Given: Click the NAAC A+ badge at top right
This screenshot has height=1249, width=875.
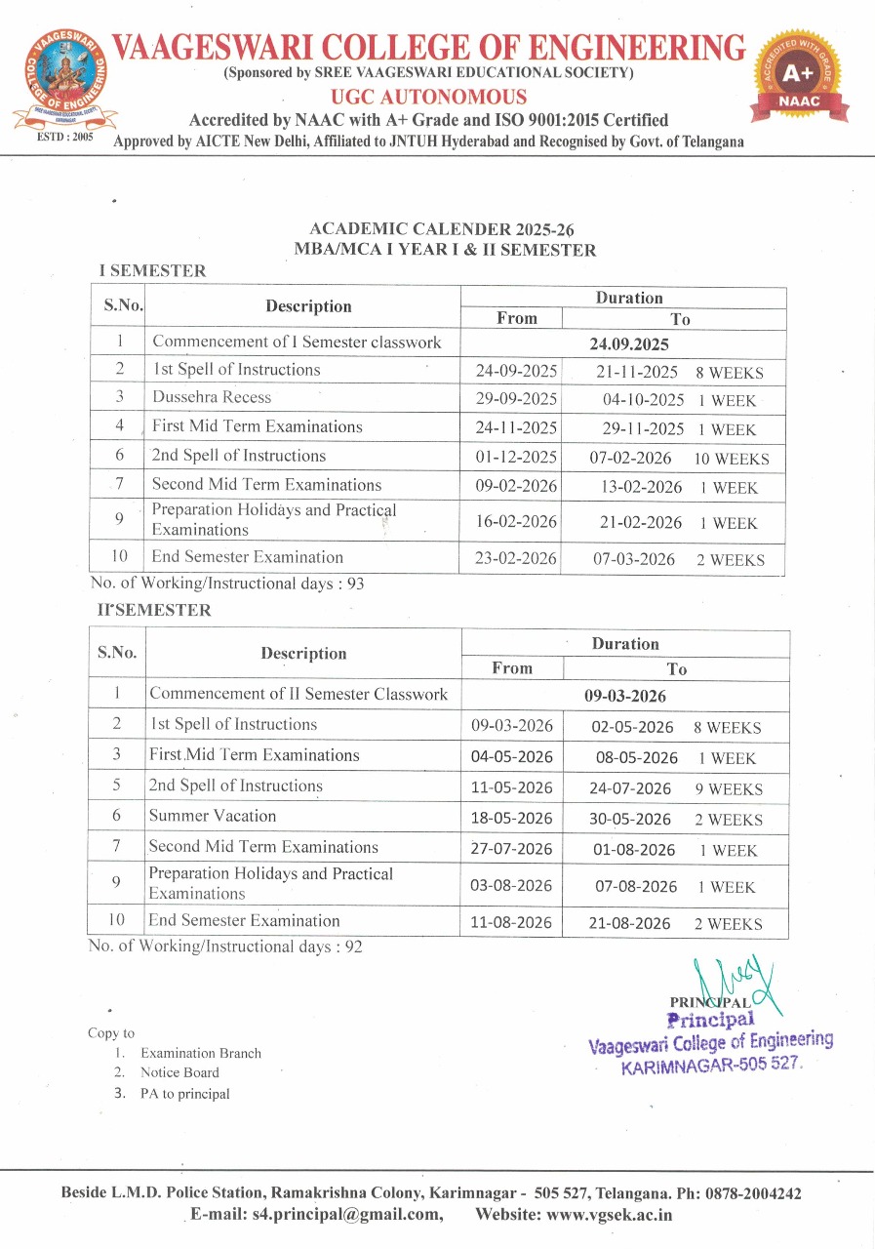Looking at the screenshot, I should pos(800,78).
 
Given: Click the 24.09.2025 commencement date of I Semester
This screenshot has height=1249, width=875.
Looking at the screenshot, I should pos(628,344).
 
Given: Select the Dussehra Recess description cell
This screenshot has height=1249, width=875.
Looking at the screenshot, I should pos(212,397).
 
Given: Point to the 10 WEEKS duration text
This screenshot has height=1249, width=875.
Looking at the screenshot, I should pos(732,459).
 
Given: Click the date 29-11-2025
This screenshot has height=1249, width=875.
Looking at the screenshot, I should pos(640,429).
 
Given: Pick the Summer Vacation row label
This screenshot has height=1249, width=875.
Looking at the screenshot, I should pos(213,816).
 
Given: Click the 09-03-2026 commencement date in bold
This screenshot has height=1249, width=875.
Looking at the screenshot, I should pos(624,697).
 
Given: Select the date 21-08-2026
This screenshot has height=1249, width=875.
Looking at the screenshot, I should pos(632,923).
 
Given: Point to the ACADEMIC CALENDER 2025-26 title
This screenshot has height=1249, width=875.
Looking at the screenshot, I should pos(441,229).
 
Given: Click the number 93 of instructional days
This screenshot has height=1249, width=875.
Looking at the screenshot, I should pos(355,584).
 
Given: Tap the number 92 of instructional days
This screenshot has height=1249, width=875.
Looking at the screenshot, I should pos(353,947).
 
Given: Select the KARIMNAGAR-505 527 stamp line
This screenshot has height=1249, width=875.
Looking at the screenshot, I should pos(711,1066).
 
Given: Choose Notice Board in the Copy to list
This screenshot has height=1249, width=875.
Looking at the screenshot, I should pos(179,1072).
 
